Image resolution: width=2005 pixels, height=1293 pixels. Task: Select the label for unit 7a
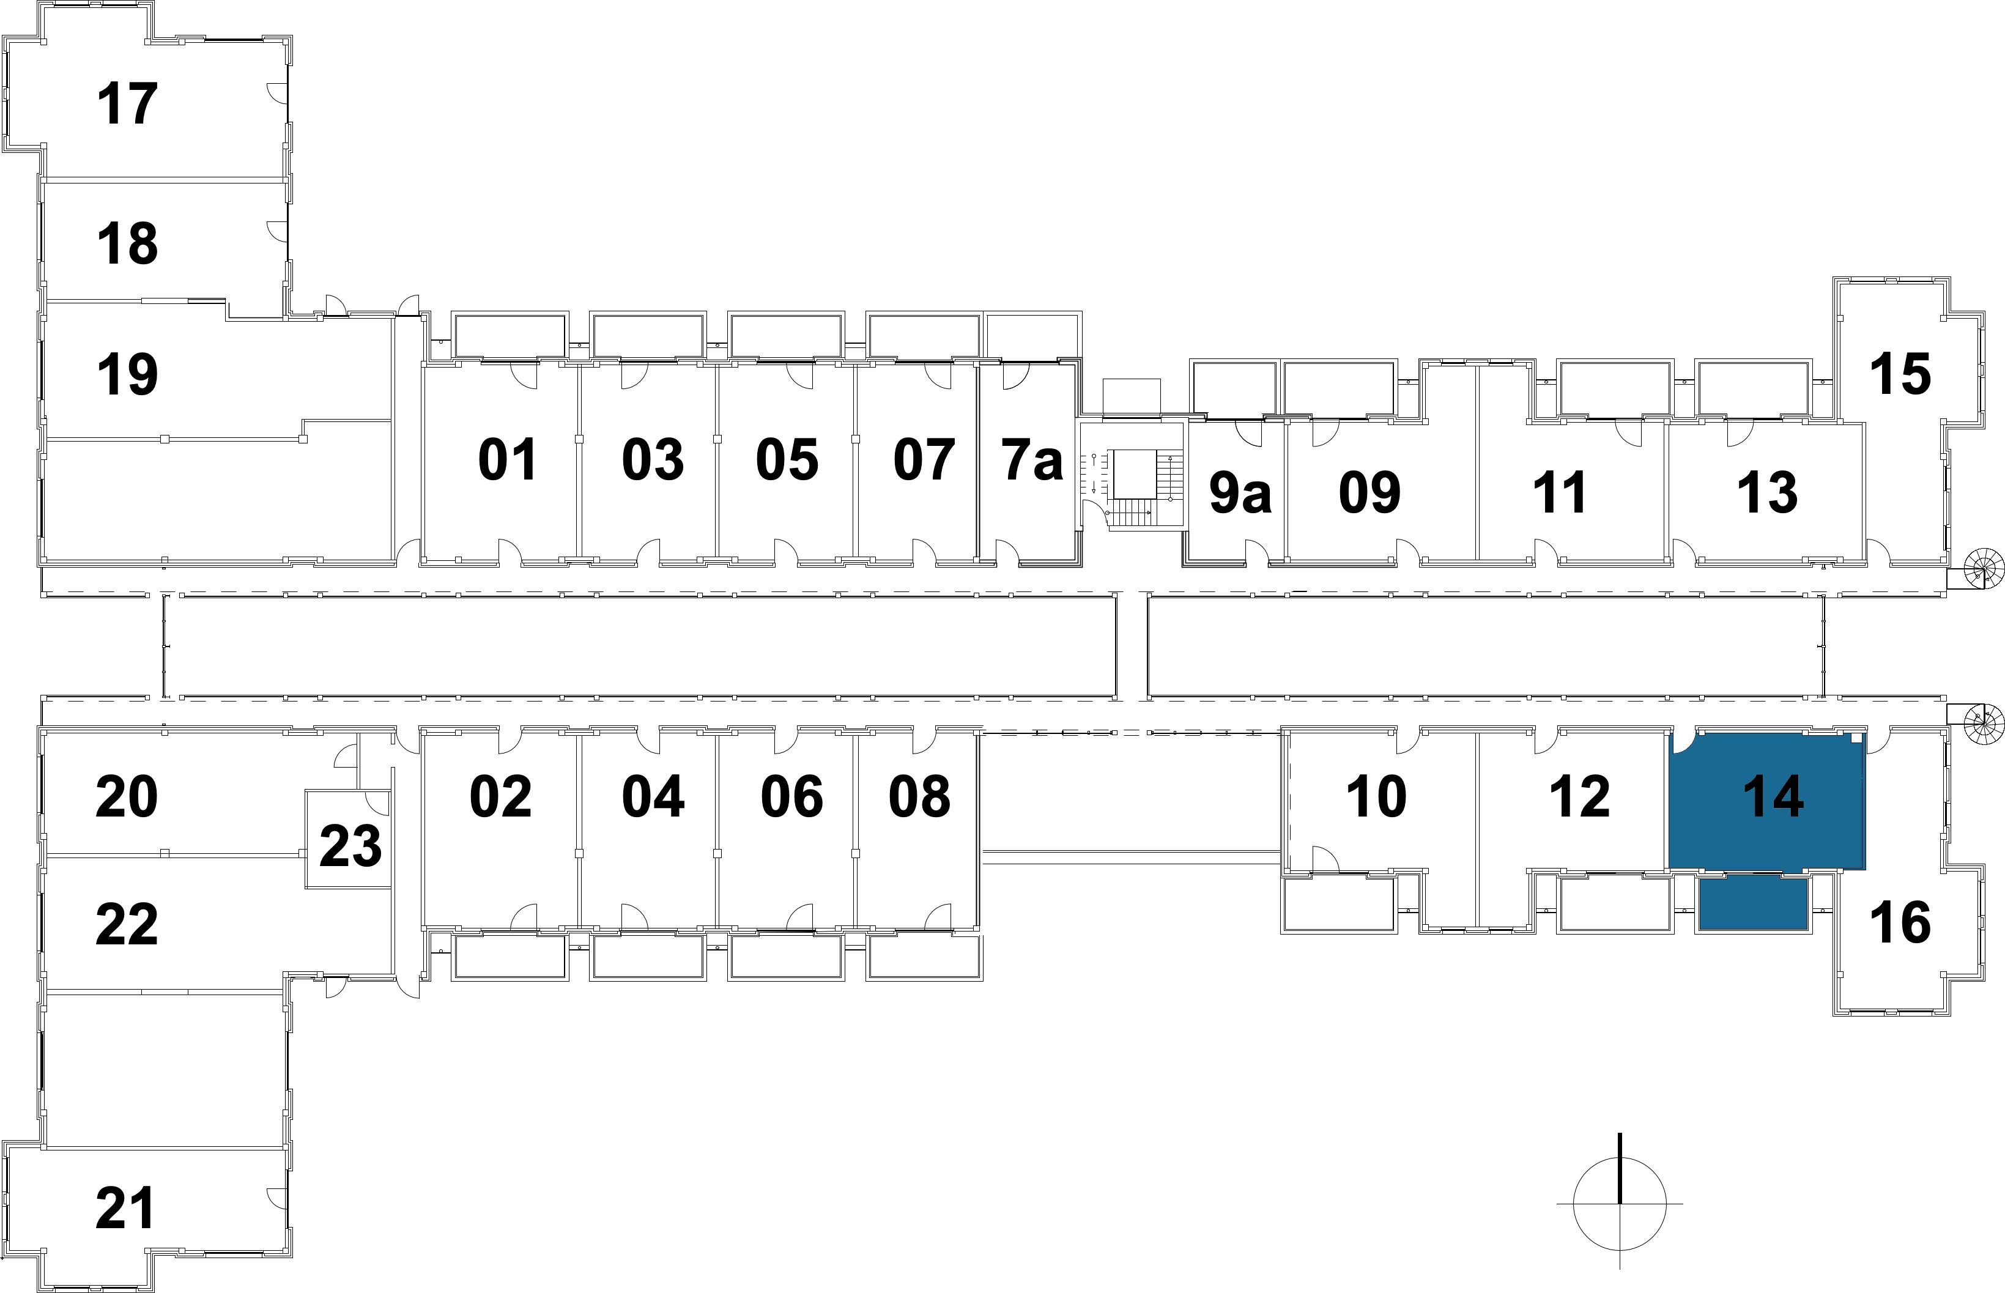(1032, 460)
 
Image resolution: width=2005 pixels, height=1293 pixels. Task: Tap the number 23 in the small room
(350, 847)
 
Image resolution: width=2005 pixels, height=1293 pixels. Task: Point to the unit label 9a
(1240, 493)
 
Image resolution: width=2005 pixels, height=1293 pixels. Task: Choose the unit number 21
(126, 1209)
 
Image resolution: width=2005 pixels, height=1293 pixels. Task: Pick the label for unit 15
(1899, 374)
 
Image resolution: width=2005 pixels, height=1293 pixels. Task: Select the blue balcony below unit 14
(1753, 903)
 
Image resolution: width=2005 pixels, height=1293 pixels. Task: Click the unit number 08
(919, 796)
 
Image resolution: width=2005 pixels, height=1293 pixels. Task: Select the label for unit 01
(507, 460)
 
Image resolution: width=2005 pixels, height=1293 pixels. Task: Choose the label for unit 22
(127, 924)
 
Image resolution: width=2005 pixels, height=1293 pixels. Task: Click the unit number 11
(1560, 493)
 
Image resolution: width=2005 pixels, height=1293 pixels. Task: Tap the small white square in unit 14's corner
(1856, 739)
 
